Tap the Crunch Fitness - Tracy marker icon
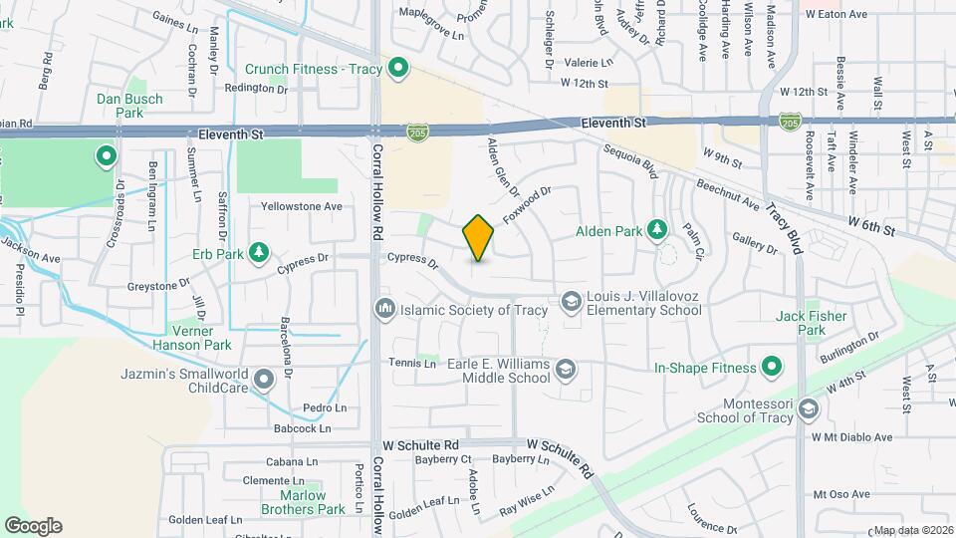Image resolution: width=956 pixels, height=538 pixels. (398, 68)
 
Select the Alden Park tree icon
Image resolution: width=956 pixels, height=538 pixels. (657, 231)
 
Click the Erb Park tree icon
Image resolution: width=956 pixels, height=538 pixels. (259, 252)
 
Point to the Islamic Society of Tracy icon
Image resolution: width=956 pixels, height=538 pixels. (384, 310)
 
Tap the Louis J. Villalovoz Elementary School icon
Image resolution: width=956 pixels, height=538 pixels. (571, 300)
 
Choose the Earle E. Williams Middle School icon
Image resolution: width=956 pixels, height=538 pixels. (566, 370)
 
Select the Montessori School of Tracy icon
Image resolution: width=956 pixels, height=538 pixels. (809, 408)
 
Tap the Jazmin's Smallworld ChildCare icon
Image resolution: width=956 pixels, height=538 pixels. (264, 379)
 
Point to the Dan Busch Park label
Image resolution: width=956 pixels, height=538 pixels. (121, 107)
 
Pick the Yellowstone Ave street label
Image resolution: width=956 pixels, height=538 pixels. (301, 206)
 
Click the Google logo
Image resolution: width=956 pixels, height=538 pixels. (33, 525)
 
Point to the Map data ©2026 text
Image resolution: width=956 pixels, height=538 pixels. (912, 530)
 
